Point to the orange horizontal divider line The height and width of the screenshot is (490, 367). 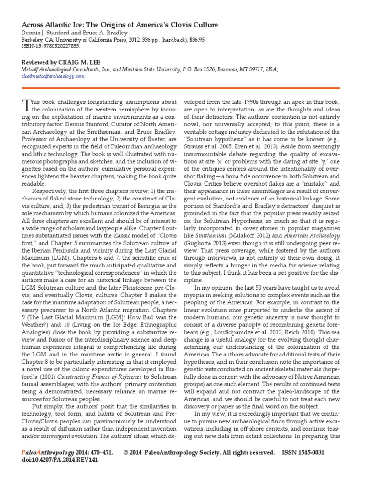point(183,88)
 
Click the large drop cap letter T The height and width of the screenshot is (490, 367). point(26,106)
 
